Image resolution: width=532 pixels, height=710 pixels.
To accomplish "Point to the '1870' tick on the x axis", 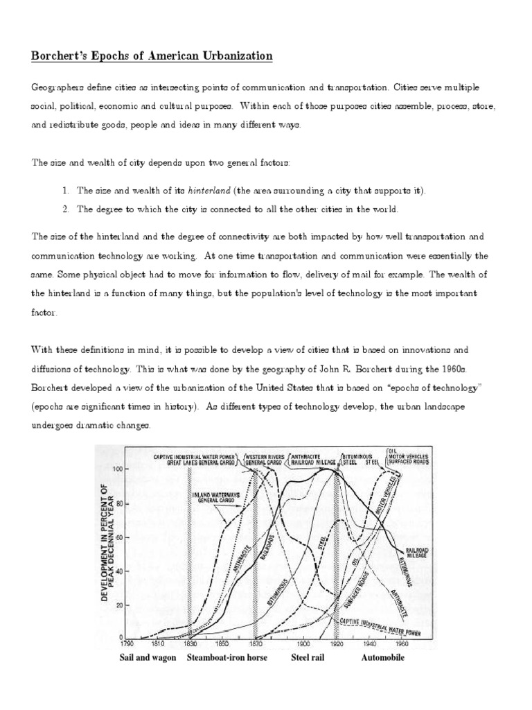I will (x=256, y=643).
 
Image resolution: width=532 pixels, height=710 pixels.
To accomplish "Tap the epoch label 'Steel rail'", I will (x=307, y=657).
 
